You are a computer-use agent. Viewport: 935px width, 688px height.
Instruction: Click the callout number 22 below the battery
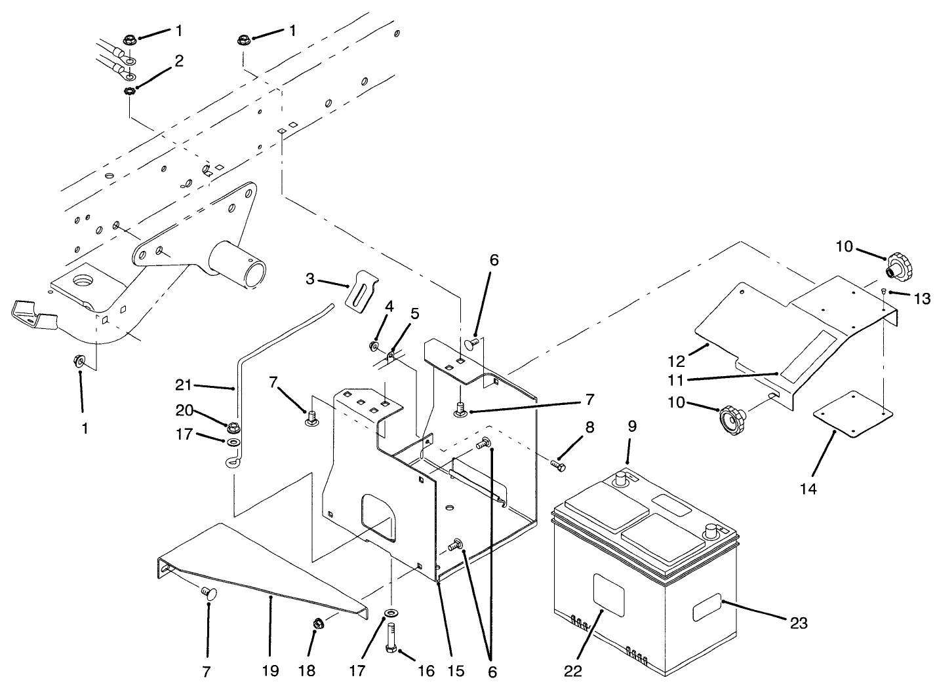(572, 670)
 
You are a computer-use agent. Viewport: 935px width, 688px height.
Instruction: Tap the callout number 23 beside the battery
(799, 623)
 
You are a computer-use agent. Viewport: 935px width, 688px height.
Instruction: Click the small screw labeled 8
(557, 465)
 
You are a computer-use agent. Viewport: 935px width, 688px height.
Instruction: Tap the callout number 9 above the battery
(632, 426)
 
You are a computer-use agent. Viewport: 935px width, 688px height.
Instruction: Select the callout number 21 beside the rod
(184, 384)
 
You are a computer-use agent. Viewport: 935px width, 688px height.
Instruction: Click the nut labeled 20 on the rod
(233, 428)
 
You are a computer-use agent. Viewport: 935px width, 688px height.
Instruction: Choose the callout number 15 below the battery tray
(456, 670)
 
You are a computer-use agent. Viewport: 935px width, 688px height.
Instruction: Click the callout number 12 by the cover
(677, 361)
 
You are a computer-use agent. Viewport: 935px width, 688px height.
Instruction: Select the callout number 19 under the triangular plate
(270, 670)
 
